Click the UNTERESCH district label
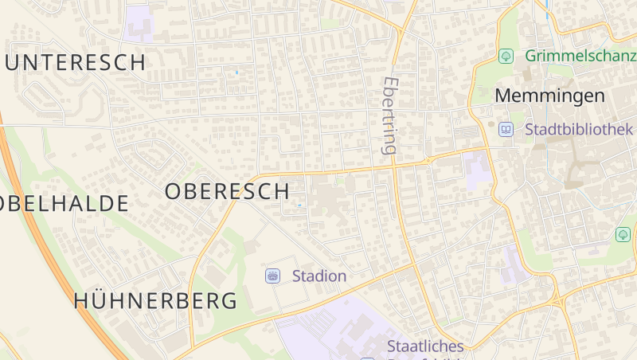click(x=76, y=62)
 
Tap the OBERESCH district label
click(x=227, y=191)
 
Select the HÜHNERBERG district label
click(x=155, y=301)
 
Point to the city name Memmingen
click(x=549, y=96)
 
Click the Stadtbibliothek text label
click(x=579, y=129)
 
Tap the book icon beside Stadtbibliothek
click(x=506, y=129)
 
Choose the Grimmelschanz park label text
click(x=580, y=57)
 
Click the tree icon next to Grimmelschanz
click(x=505, y=56)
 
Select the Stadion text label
click(x=319, y=276)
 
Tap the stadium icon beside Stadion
click(x=273, y=276)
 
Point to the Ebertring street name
click(x=389, y=115)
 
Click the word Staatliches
click(x=424, y=346)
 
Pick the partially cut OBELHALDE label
click(x=64, y=203)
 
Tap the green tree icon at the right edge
click(x=623, y=234)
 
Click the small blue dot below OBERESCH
click(x=299, y=205)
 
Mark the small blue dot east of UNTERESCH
click(x=236, y=72)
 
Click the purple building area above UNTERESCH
click(x=139, y=22)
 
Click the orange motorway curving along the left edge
click(x=48, y=239)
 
